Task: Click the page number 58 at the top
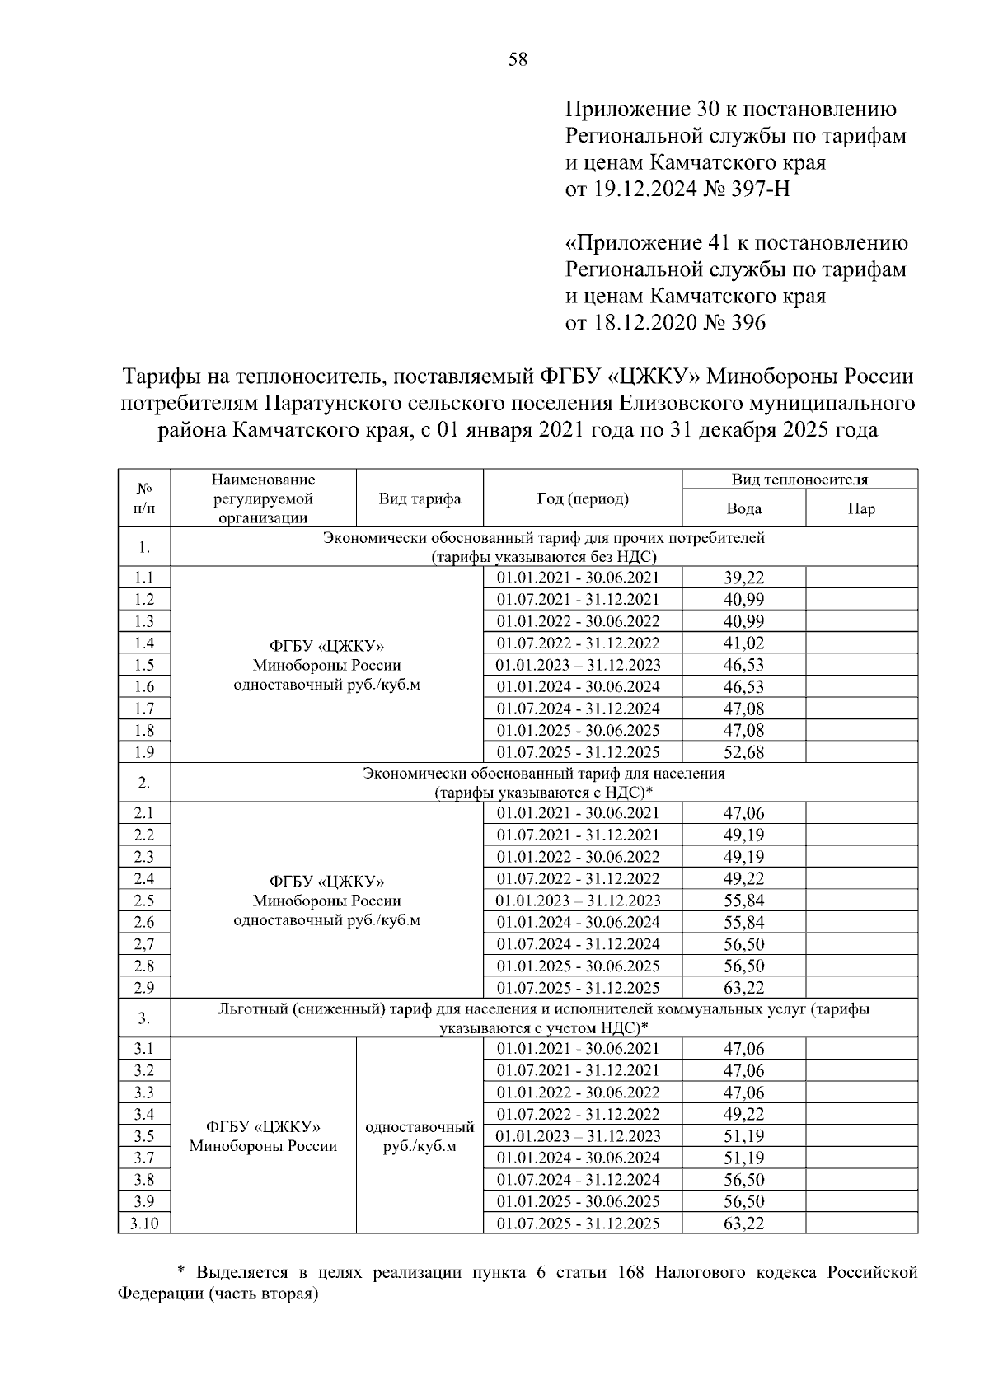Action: tap(518, 59)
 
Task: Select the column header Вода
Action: tap(743, 508)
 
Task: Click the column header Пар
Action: tap(861, 508)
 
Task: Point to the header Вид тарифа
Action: tap(420, 498)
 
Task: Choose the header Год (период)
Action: tap(582, 498)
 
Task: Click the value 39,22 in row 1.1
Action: tap(743, 578)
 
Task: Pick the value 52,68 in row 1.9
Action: tap(743, 752)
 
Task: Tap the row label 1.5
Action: tap(144, 665)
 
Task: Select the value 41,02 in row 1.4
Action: tap(743, 643)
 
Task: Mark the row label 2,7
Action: tap(144, 944)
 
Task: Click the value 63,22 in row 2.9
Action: tap(743, 988)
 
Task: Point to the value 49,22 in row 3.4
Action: tap(743, 1115)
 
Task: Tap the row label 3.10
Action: tap(144, 1224)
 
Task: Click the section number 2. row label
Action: tap(144, 783)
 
